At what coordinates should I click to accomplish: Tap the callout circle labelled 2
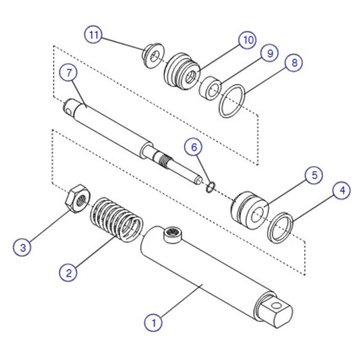point(68,273)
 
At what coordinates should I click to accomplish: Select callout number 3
point(23,248)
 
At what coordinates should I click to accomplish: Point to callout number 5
point(314,175)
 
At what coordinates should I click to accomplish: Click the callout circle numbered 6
point(194,147)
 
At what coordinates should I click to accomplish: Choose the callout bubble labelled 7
point(68,72)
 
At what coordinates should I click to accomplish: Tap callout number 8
point(294,62)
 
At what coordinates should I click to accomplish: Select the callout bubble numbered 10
point(247,40)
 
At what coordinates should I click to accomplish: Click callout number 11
point(93,35)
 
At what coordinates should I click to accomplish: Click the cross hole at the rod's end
point(68,112)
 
